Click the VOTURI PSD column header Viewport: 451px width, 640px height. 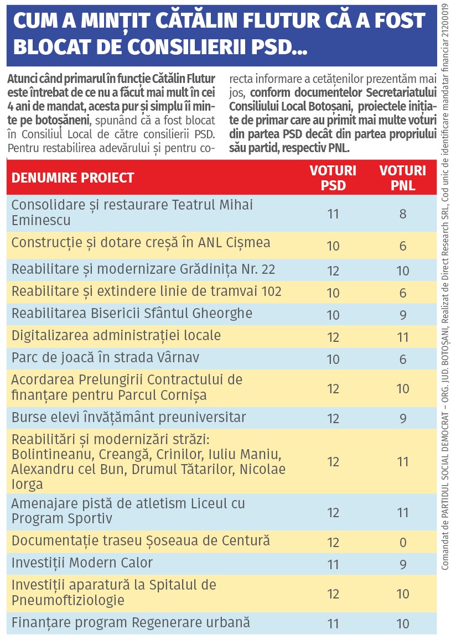[x=333, y=178]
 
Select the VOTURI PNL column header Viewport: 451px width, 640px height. [x=403, y=178]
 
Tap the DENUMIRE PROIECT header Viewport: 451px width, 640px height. [x=73, y=178]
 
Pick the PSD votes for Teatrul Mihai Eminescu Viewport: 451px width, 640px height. [x=333, y=214]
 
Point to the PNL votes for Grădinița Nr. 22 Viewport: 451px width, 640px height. [x=403, y=271]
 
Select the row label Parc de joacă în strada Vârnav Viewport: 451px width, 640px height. [x=105, y=358]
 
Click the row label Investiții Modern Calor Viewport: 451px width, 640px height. [x=82, y=563]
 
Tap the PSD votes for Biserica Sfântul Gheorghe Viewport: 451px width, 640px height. [x=333, y=315]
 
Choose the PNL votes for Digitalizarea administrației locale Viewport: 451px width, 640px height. [x=403, y=337]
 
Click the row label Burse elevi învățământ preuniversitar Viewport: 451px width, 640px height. [x=129, y=417]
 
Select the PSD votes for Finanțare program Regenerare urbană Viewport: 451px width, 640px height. [x=333, y=624]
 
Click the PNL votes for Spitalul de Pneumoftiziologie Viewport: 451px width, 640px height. [x=403, y=594]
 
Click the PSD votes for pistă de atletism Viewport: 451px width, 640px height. [x=333, y=512]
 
